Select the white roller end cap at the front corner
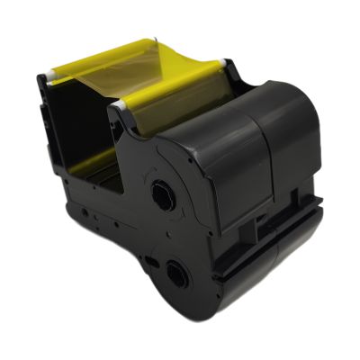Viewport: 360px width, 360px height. click(x=117, y=105)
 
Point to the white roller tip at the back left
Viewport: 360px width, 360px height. click(x=52, y=71)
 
